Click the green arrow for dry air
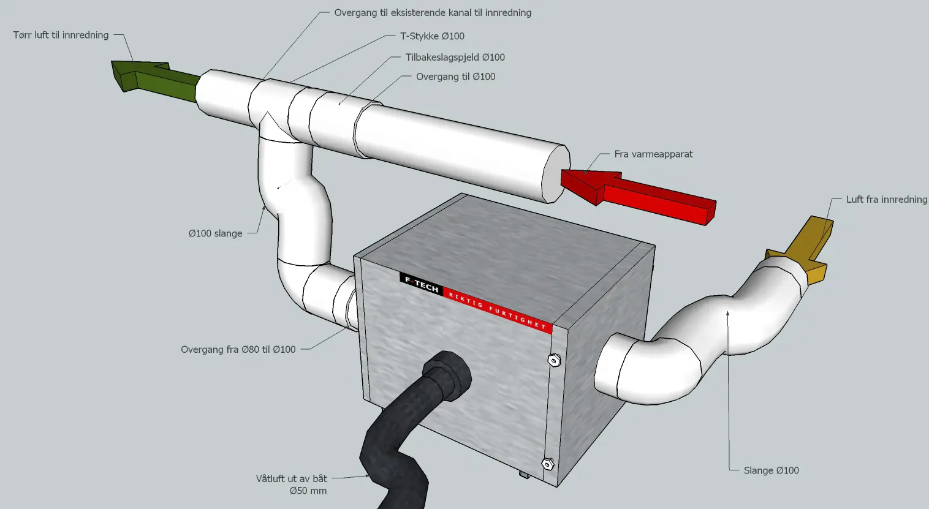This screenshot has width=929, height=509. (153, 78)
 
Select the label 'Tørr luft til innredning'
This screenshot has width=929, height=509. (61, 35)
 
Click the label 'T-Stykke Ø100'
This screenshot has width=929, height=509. (432, 36)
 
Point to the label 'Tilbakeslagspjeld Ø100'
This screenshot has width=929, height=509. (455, 57)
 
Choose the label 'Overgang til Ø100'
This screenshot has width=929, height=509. (455, 77)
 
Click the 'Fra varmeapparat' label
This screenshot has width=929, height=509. (653, 154)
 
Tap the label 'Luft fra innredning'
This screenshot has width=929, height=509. (886, 199)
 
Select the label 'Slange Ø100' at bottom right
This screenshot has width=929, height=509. (771, 470)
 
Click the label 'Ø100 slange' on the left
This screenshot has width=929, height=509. (215, 233)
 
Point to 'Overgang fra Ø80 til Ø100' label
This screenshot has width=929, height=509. (238, 349)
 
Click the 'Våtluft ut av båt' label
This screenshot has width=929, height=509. (292, 478)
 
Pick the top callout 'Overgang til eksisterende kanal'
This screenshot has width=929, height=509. (433, 12)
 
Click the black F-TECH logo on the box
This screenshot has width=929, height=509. (421, 284)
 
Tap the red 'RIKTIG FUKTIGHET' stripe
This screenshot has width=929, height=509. (496, 309)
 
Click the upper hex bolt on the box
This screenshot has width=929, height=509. (554, 360)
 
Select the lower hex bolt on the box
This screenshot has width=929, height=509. (547, 463)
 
